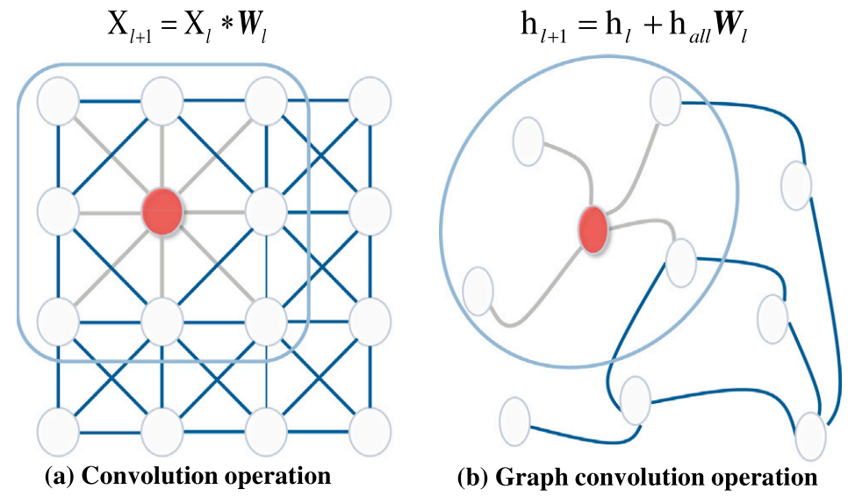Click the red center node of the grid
coord(162,212)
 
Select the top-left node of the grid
coord(59,101)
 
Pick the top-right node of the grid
coord(368,101)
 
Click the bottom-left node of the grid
coord(59,429)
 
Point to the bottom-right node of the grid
coord(368,429)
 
